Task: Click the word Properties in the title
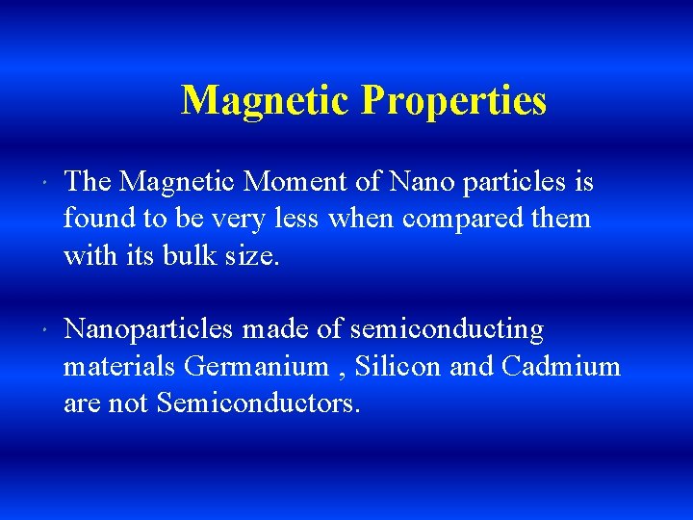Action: [453, 101]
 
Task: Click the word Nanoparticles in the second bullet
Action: [148, 330]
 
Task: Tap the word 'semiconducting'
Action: [447, 330]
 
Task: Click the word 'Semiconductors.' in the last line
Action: [258, 403]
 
